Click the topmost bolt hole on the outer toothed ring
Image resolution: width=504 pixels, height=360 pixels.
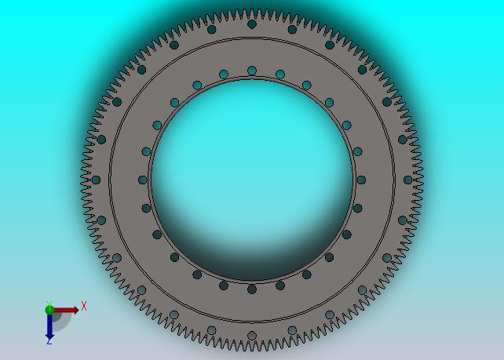point(252,24)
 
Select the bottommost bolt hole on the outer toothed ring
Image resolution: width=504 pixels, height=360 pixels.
point(252,336)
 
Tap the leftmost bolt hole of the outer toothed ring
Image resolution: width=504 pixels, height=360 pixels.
point(96,180)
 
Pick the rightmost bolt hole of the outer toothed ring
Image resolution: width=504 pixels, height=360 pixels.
point(408,180)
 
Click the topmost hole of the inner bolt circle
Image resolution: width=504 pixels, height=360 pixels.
point(252,71)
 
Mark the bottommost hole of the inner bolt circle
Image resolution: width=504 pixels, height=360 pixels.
point(252,289)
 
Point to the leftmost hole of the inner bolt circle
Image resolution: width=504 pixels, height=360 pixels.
point(143,180)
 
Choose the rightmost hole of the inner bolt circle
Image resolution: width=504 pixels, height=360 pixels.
point(361,180)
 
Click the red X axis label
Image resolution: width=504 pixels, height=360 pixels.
point(84,306)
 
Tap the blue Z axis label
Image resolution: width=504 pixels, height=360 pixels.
point(49,342)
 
